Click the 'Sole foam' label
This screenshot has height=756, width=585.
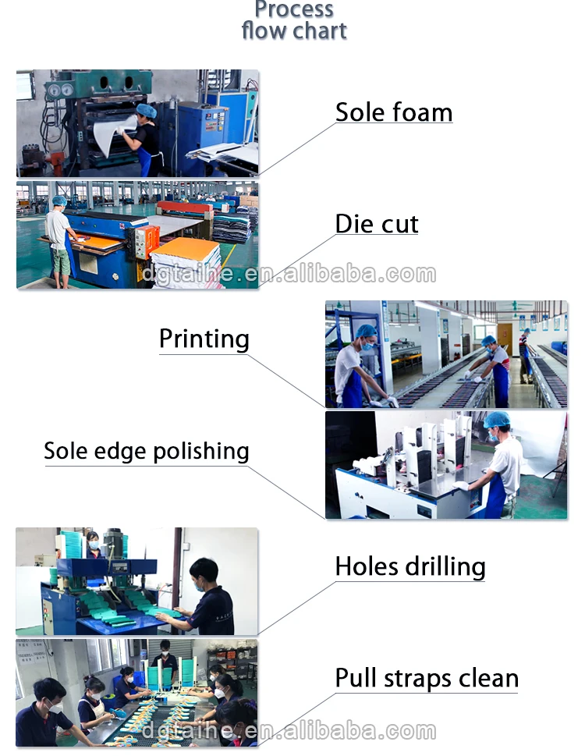[393, 112]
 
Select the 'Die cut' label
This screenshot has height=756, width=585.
[377, 224]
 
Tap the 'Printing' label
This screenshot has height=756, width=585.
[204, 339]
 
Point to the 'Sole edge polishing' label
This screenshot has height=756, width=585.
[147, 451]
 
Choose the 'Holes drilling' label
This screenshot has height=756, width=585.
[410, 566]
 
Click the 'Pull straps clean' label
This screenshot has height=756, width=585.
[427, 677]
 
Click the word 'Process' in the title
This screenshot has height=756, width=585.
[295, 9]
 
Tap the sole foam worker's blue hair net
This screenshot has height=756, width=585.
[146, 111]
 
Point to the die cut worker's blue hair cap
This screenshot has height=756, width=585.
[58, 201]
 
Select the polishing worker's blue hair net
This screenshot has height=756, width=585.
[496, 420]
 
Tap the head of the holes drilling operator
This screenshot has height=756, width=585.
[203, 570]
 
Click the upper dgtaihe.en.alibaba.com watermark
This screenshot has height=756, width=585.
[289, 274]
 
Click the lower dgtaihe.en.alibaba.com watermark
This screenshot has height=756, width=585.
[289, 731]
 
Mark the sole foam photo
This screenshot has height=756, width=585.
[137, 123]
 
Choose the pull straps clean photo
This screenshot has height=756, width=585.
[136, 693]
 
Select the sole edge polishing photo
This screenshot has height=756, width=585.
[445, 465]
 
